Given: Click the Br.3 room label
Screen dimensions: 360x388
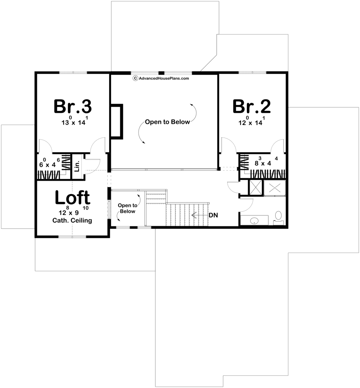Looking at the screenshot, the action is pyautogui.click(x=73, y=106).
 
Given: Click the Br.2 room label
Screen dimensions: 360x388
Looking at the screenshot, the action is pyautogui.click(x=252, y=106).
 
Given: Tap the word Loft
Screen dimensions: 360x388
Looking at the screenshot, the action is pyautogui.click(x=73, y=198).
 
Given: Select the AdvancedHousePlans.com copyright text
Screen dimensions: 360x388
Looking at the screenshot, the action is pyautogui.click(x=161, y=78).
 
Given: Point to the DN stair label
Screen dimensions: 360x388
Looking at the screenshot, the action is pyautogui.click(x=213, y=215).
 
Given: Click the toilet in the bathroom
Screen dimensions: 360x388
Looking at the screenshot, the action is pyautogui.click(x=279, y=217).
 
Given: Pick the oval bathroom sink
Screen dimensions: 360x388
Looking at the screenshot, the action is pyautogui.click(x=254, y=221).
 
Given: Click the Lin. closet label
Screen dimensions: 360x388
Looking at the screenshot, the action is pyautogui.click(x=77, y=166).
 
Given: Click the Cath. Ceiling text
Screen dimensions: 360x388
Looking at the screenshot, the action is pyautogui.click(x=72, y=221).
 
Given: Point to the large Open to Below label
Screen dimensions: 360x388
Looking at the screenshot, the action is pyautogui.click(x=167, y=122).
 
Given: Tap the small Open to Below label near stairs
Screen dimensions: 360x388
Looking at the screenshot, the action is pyautogui.click(x=127, y=208).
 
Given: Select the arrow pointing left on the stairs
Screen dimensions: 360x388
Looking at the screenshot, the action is pyautogui.click(x=200, y=215).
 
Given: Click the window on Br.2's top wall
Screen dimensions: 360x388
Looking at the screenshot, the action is pyautogui.click(x=252, y=73).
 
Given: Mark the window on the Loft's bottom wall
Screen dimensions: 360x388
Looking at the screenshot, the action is pyautogui.click(x=72, y=237).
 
